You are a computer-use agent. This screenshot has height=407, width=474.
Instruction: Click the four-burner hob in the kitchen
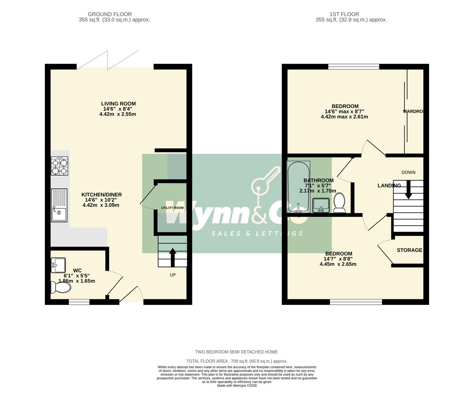click(60, 166)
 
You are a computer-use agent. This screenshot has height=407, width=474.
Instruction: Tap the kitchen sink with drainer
click(59, 205)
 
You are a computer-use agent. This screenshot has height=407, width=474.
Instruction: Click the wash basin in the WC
click(58, 265)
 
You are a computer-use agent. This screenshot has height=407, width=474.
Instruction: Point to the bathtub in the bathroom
click(298, 187)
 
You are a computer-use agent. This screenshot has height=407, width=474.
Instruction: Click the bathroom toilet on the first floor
click(339, 203)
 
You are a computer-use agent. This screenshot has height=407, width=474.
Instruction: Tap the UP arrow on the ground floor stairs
click(173, 257)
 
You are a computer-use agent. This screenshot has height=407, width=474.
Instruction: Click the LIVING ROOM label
click(118, 104)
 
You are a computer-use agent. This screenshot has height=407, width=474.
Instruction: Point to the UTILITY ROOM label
click(172, 208)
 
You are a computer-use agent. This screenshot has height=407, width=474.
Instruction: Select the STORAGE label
click(409, 250)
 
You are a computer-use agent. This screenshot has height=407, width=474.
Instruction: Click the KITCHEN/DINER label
click(101, 195)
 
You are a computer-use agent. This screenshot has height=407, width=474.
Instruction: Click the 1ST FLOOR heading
click(344, 14)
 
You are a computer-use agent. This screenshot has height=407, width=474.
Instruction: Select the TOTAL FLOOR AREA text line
click(237, 361)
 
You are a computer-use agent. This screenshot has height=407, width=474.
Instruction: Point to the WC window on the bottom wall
click(79, 302)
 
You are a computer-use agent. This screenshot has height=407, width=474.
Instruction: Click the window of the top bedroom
click(353, 67)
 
